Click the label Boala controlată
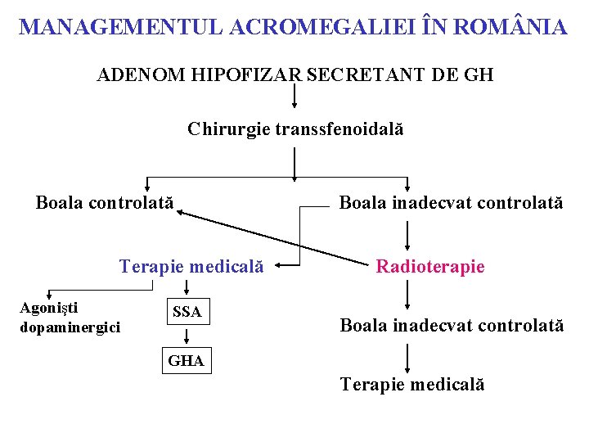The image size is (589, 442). [105, 202]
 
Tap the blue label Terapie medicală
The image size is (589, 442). [191, 266]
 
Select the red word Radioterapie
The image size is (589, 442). [430, 266]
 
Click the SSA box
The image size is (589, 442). [187, 312]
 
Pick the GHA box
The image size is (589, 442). [187, 360]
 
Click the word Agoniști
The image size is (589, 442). [49, 309]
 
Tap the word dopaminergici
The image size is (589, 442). [70, 327]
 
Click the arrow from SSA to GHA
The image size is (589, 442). [187, 335]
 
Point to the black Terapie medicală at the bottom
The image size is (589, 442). [412, 384]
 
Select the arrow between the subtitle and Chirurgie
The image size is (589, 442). [294, 97]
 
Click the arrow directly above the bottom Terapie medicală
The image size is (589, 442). [408, 358]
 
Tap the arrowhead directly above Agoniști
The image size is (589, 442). [49, 295]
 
